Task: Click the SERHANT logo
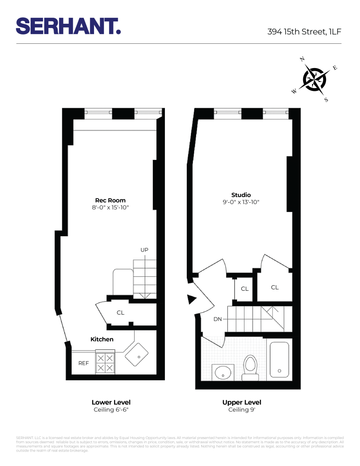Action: click(68, 26)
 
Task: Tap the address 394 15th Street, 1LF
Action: click(305, 32)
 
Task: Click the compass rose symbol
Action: click(315, 79)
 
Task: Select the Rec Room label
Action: click(110, 200)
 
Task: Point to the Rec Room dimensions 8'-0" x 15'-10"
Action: click(110, 207)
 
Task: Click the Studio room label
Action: click(241, 195)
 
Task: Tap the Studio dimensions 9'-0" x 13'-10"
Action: click(241, 202)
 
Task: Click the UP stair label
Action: click(144, 250)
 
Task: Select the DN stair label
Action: click(217, 319)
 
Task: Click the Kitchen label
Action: click(102, 339)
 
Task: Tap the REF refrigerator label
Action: click(83, 362)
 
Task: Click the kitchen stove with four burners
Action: click(105, 363)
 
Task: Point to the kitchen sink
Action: click(137, 354)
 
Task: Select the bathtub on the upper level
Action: click(279, 360)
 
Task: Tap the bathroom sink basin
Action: click(223, 373)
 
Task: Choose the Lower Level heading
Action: click(111, 402)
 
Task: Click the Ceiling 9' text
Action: click(242, 410)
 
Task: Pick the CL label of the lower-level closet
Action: click(121, 313)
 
